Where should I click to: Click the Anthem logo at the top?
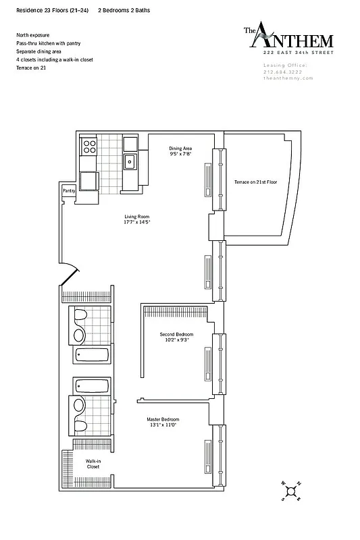pos(278,38)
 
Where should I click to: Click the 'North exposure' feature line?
pos(34,34)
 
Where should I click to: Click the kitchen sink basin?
pos(130,161)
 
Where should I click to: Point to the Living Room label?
pos(136,217)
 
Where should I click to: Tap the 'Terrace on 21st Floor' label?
pos(256,182)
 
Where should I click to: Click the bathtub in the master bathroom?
pos(92,385)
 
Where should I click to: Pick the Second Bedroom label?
pos(176,335)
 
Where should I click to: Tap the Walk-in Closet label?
pos(93,464)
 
